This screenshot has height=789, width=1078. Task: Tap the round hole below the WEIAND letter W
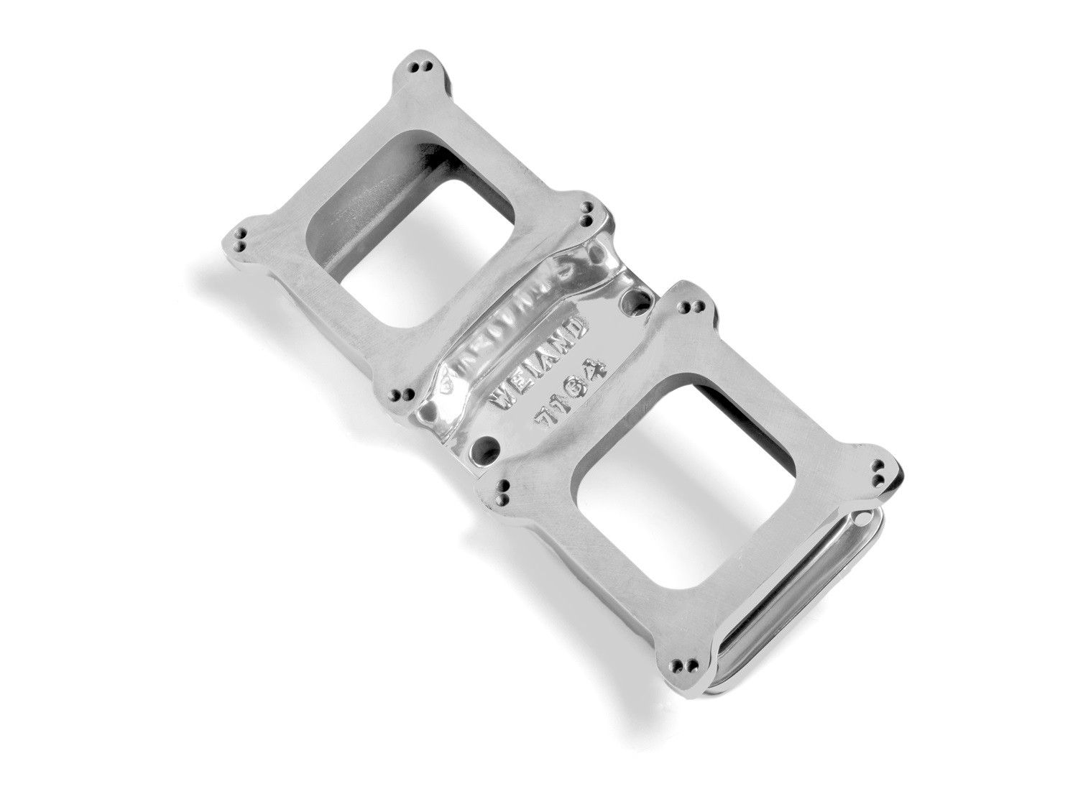[x=484, y=451]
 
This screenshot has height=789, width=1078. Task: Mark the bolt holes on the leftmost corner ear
[x=241, y=241]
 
